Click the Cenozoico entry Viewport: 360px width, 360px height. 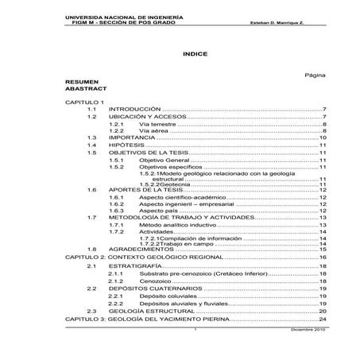pos(155,281)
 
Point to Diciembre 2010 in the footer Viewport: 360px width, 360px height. pos(307,327)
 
